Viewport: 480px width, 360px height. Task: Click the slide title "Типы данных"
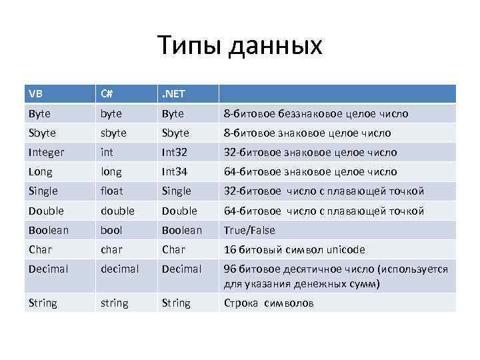pyautogui.click(x=240, y=45)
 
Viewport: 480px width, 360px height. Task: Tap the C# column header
pyautogui.click(x=107, y=94)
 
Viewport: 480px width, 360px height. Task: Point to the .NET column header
pyautogui.click(x=175, y=94)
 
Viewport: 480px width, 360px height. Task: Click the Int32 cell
pyautogui.click(x=175, y=152)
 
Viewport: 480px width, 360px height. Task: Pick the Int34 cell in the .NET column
pyautogui.click(x=175, y=171)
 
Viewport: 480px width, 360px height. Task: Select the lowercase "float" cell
pyautogui.click(x=112, y=191)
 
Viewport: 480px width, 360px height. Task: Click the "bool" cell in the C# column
pyautogui.click(x=111, y=230)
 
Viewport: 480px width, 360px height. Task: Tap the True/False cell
pyautogui.click(x=249, y=230)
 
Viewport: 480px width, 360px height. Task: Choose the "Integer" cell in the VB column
pyautogui.click(x=47, y=152)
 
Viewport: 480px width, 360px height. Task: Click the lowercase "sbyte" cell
pyautogui.click(x=114, y=133)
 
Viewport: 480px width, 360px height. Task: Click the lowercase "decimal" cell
pyautogui.click(x=119, y=269)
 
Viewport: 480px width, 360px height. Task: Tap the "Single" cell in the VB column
pyautogui.click(x=43, y=191)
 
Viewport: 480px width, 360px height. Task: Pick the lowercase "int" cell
pyautogui.click(x=107, y=152)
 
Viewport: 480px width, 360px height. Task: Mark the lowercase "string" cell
pyautogui.click(x=114, y=303)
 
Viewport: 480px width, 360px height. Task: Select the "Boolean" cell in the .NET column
pyautogui.click(x=181, y=230)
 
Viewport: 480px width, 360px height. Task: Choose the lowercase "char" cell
pyautogui.click(x=111, y=249)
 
